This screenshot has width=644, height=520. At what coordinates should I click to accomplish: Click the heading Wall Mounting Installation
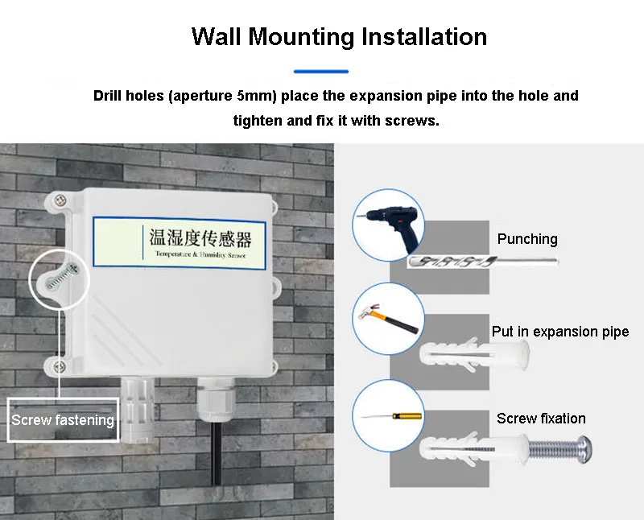339,37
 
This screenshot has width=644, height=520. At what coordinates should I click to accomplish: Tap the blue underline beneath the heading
321,72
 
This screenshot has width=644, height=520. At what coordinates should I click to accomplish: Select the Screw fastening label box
63,419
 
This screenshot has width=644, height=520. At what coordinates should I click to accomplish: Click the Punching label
527,239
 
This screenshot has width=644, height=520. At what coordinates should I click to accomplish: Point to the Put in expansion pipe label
560,332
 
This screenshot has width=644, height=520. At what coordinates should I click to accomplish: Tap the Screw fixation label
541,419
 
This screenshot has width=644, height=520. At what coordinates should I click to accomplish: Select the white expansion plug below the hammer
475,353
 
